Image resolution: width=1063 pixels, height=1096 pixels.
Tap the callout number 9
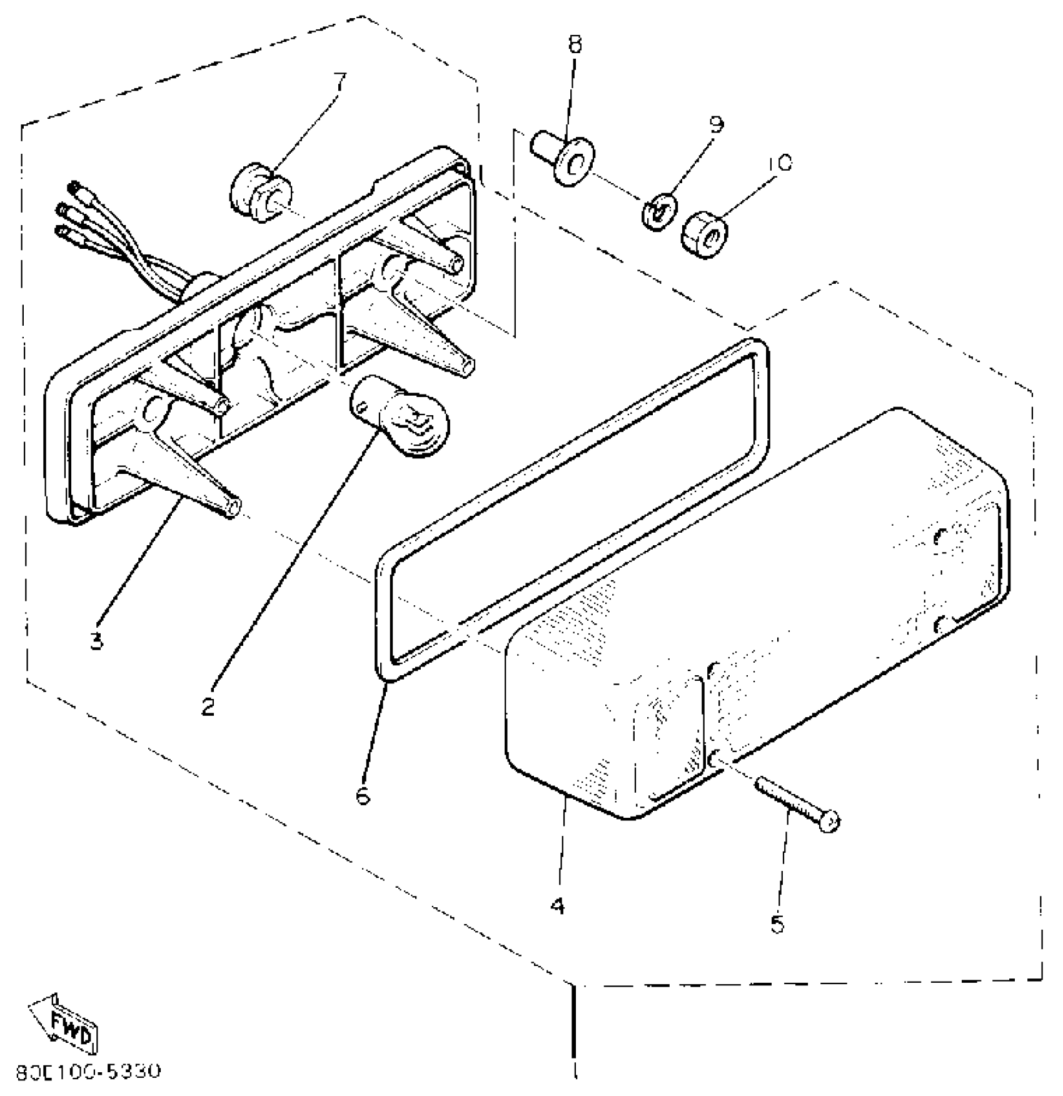tap(717, 124)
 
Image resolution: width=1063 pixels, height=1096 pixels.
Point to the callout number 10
tap(780, 163)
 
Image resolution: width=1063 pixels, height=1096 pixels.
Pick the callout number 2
tap(208, 707)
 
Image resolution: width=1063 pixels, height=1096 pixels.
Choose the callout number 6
tap(363, 795)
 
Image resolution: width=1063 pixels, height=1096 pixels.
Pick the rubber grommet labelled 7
tap(261, 189)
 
